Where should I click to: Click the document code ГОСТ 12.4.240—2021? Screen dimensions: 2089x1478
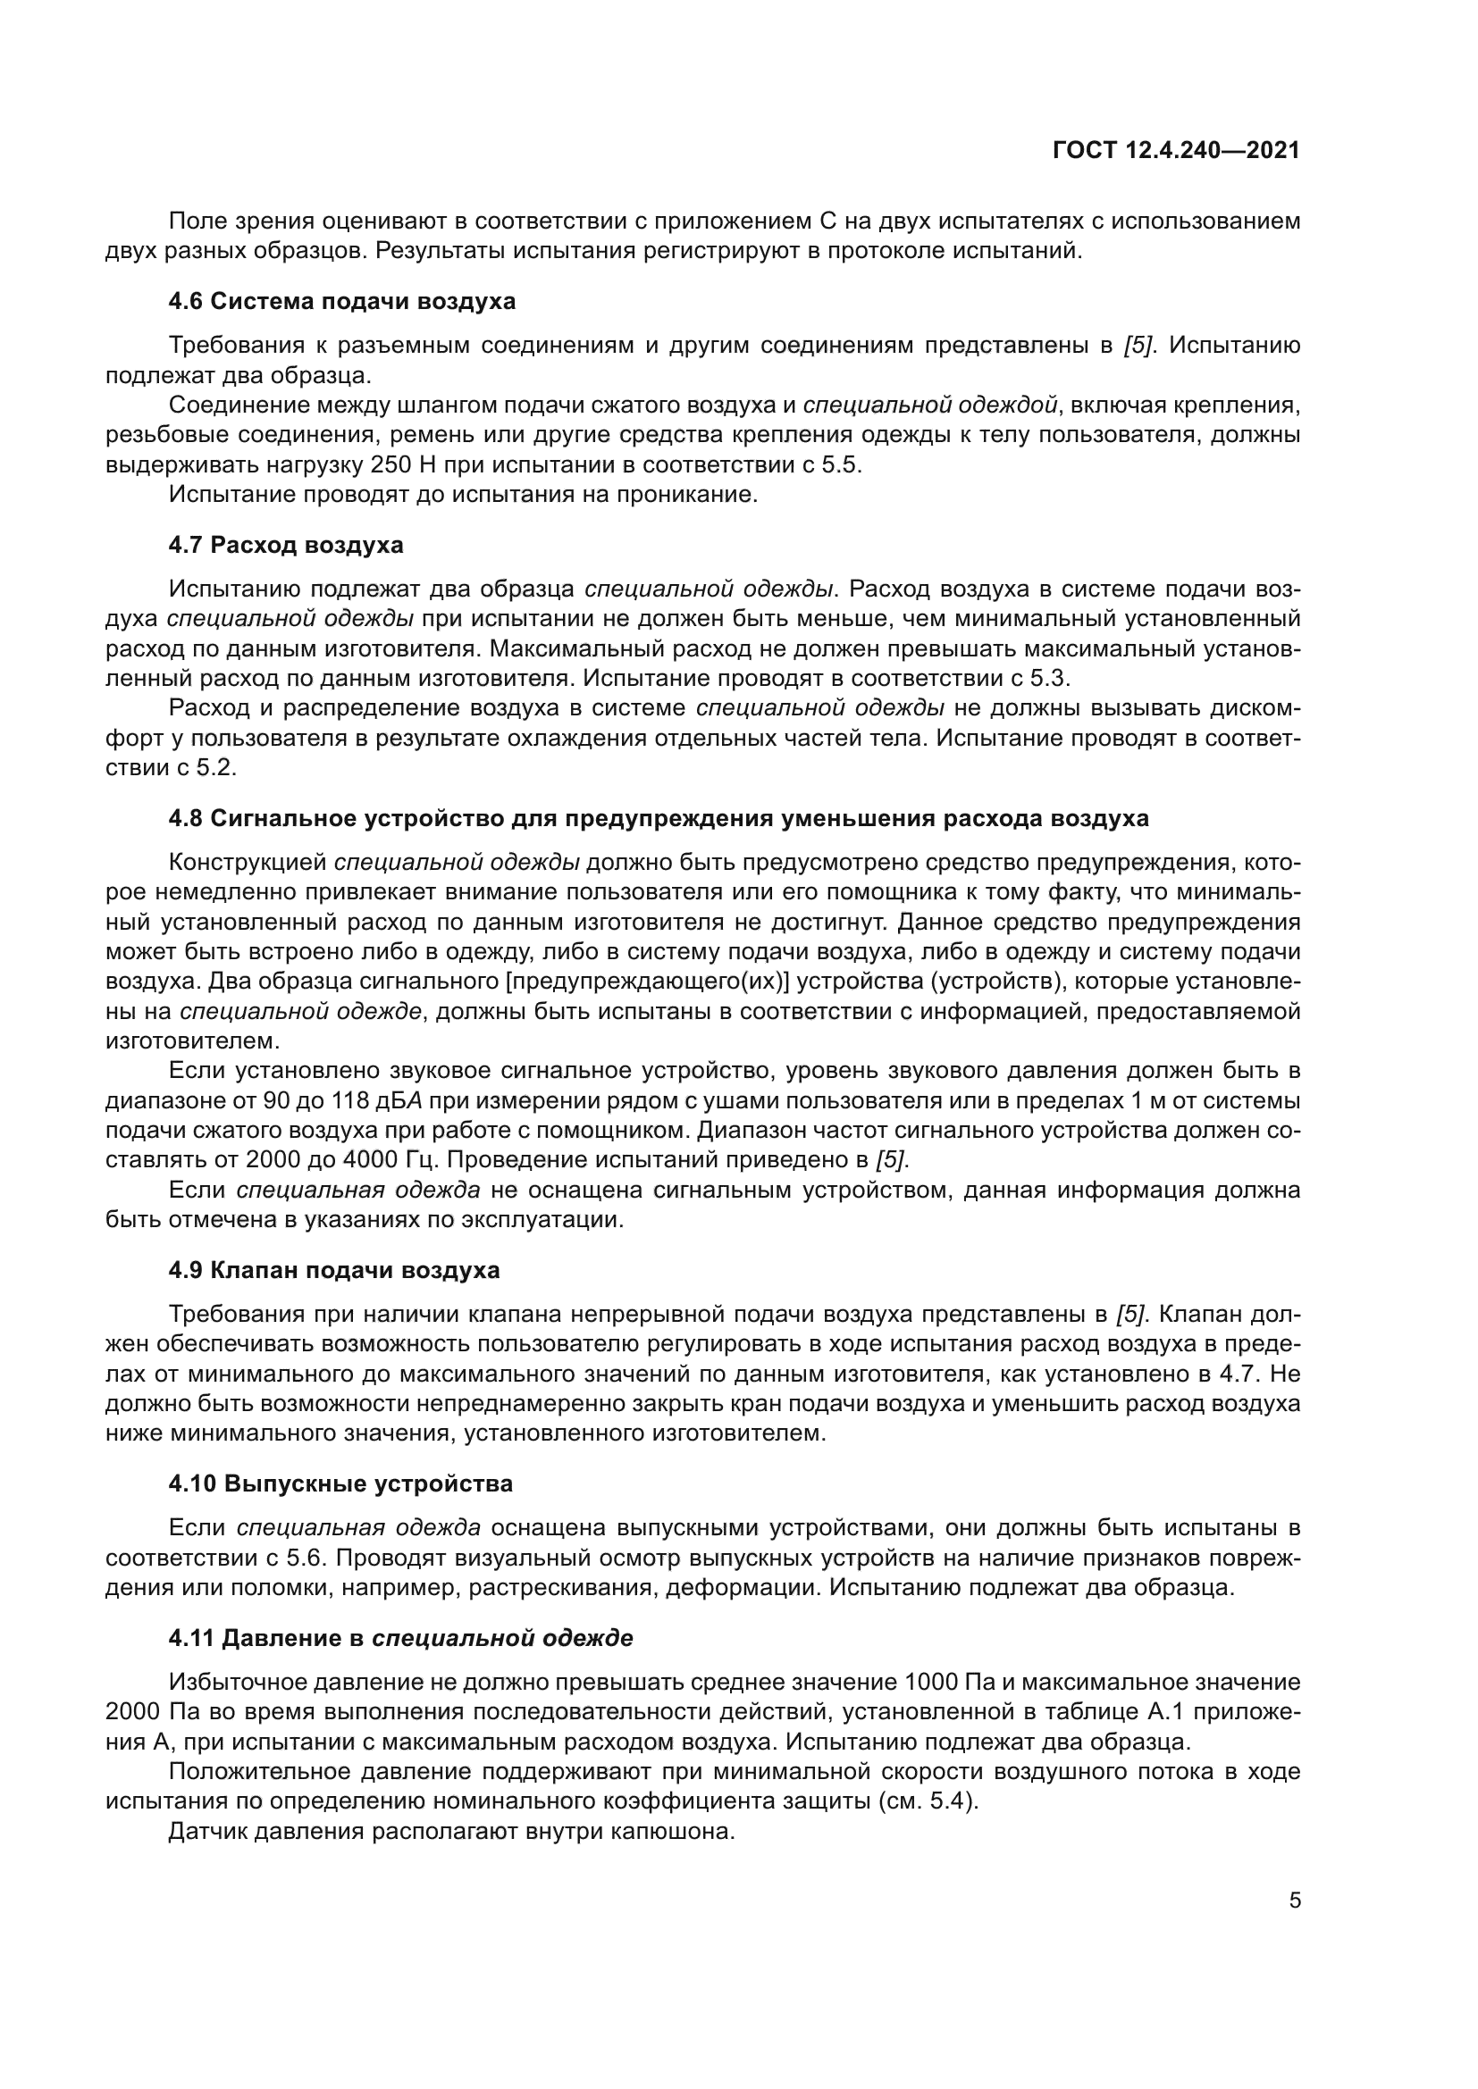1176,150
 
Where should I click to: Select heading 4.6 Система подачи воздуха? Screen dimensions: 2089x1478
341,301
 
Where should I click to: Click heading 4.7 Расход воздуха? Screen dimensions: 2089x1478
286,545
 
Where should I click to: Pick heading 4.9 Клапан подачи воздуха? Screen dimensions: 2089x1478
334,1270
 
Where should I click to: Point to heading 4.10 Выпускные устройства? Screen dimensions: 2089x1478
340,1484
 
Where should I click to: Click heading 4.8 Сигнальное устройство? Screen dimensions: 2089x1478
658,818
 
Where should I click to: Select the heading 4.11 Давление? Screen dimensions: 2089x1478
400,1639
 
